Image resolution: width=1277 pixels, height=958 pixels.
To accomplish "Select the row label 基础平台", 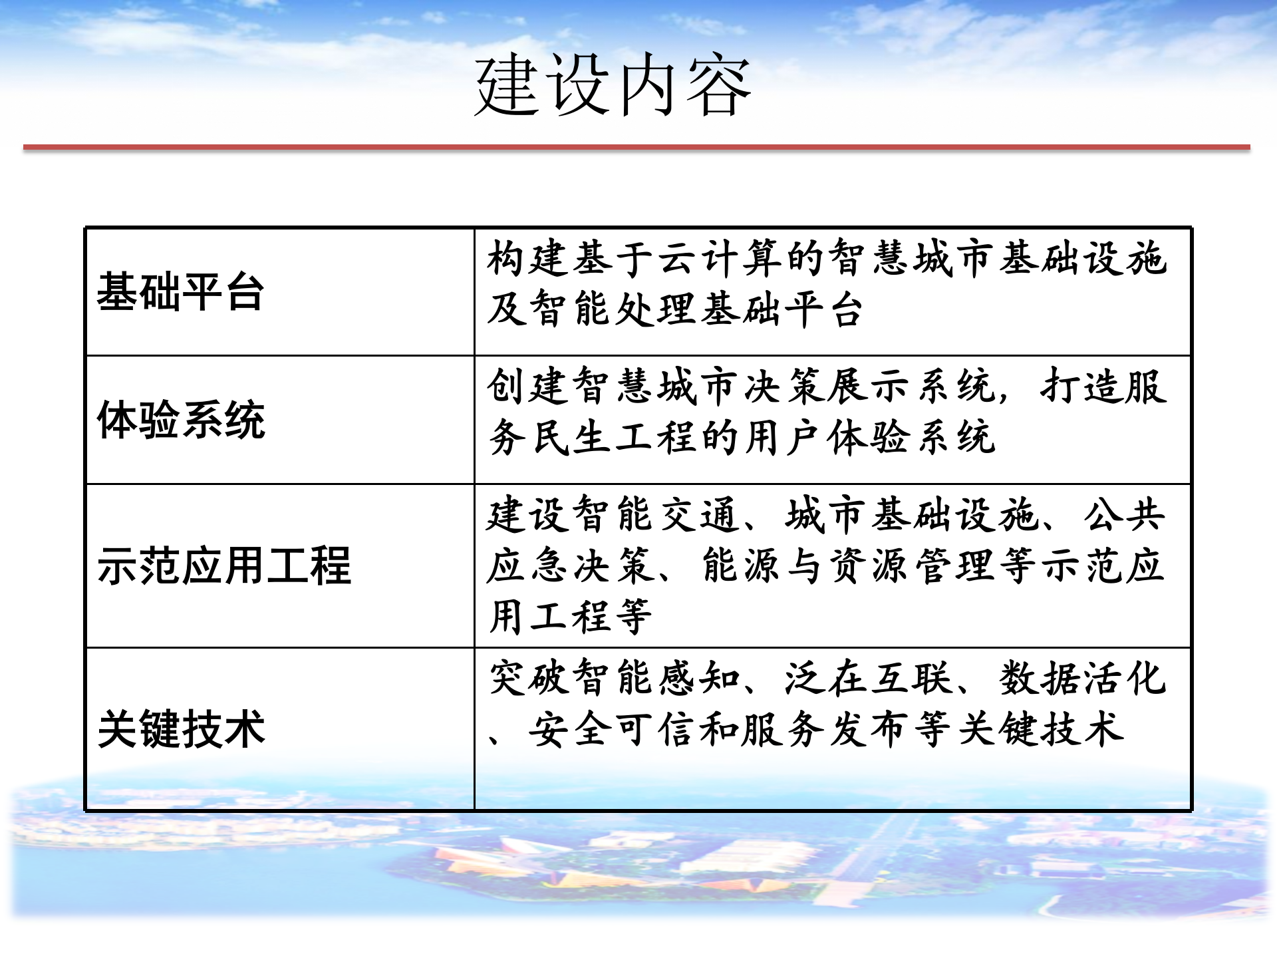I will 181,292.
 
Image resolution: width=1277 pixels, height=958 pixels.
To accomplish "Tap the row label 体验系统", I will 181,420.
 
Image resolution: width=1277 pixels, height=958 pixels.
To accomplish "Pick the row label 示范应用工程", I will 223,566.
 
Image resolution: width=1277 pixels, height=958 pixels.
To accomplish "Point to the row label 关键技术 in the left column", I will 181,729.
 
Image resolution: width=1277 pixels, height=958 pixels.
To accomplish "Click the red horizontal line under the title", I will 637,147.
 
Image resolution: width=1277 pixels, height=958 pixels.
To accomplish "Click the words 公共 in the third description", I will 1124,515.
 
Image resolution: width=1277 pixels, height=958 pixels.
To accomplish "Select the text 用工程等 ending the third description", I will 570,617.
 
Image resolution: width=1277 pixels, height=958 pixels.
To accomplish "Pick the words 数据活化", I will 1083,679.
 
